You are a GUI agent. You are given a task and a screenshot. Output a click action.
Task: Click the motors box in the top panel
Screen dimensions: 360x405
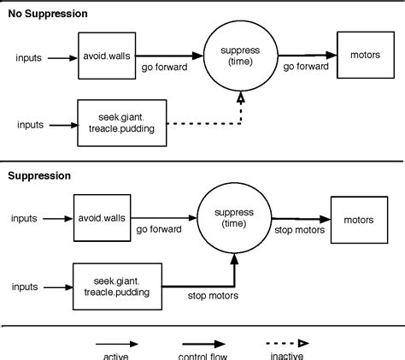[364, 56]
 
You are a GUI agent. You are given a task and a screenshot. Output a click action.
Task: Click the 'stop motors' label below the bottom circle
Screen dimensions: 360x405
[212, 296]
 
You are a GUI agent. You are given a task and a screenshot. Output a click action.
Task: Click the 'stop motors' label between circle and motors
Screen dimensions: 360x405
[296, 230]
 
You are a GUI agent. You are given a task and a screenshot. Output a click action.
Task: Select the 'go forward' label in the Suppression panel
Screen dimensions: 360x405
[156, 230]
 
